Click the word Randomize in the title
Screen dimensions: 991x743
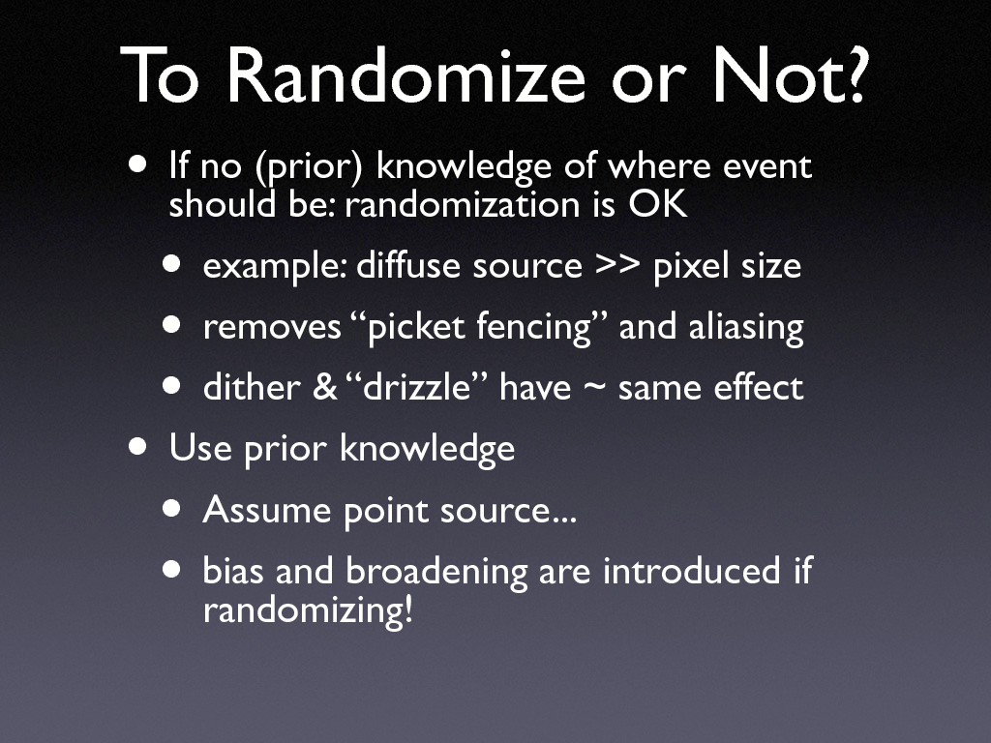coord(406,75)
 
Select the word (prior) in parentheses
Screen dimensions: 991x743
coord(309,166)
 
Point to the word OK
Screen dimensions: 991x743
coord(657,204)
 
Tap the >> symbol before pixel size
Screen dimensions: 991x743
coord(617,265)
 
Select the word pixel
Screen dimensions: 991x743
coord(691,266)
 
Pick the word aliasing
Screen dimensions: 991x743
coord(746,327)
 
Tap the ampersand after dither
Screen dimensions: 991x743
coord(325,387)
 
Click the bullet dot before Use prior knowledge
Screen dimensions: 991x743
coord(137,447)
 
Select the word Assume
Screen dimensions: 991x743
coord(267,510)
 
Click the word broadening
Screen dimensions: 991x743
coord(436,572)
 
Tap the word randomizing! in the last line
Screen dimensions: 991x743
coord(308,609)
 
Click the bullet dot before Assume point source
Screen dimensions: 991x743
coord(171,509)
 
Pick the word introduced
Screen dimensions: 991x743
coord(691,571)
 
